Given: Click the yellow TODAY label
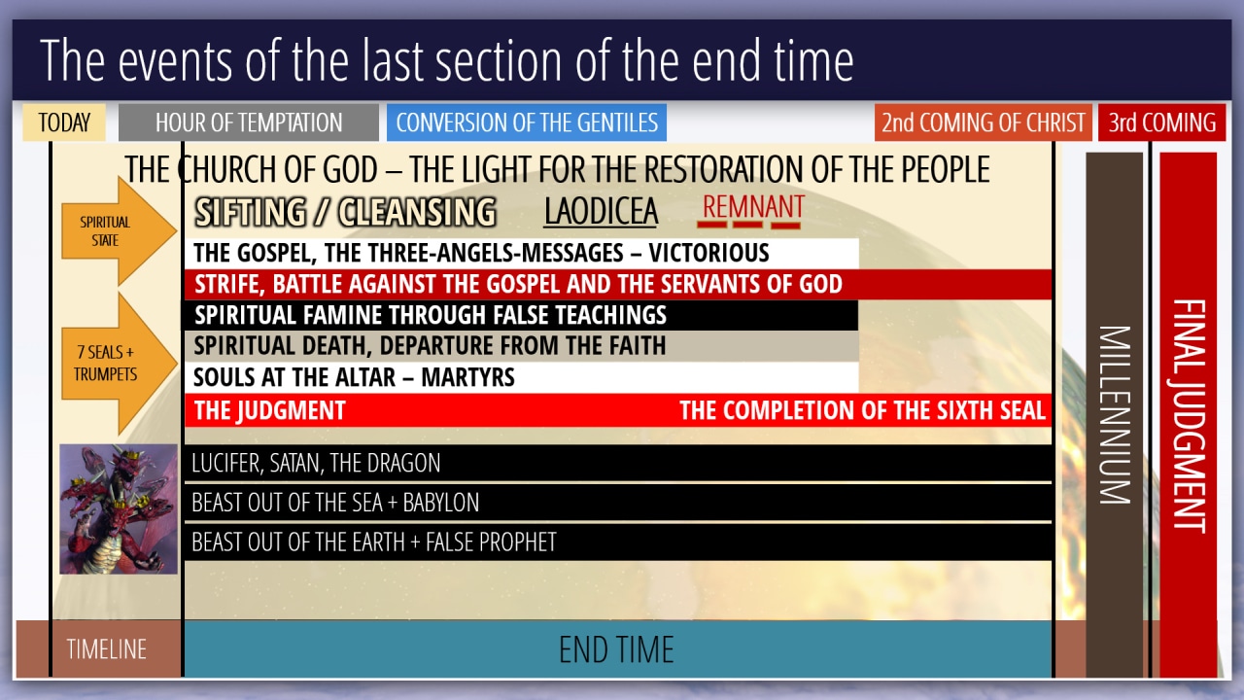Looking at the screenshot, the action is tap(64, 122).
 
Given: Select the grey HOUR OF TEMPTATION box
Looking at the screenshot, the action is tap(248, 122).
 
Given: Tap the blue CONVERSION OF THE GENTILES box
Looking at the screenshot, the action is tap(527, 122).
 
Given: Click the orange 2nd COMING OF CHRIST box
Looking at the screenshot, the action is tap(983, 122).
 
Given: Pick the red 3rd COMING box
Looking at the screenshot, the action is tap(1161, 122).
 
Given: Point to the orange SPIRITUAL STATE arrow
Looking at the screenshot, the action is tap(119, 231).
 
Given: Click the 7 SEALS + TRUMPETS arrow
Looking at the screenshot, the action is tap(119, 364).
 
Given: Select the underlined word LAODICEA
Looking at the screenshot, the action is tap(601, 212).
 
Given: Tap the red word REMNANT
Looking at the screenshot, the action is tap(753, 207).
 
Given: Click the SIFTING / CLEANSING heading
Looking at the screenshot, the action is tap(345, 212).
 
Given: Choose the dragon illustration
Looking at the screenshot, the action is tap(119, 508).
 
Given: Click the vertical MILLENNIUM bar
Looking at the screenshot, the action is tap(1114, 414).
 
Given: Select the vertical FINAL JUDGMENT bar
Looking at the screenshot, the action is tap(1188, 414).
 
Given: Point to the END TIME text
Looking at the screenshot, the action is tap(616, 649).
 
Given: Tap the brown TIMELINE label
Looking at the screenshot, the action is tap(106, 649).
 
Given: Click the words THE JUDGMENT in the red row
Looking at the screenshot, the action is tap(270, 410).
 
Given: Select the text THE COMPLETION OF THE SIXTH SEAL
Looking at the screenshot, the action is tap(862, 410).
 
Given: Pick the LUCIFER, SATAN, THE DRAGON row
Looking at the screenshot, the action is tap(618, 463).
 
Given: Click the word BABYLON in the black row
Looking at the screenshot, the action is tap(441, 503).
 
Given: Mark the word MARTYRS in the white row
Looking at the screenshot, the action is tap(468, 378).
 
